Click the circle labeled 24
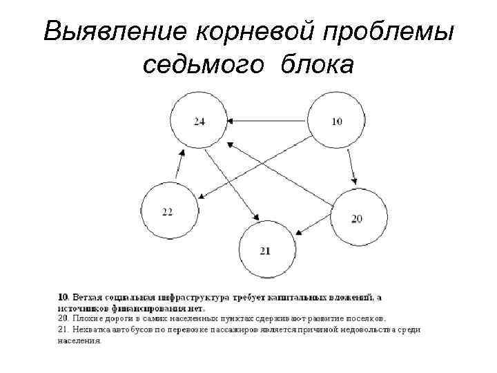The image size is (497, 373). pos(200,122)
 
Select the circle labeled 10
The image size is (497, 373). pos(335,122)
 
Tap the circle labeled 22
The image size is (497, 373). pos(168,211)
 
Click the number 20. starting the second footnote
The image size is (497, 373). pos(63,319)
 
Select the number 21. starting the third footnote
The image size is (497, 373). pos(63,329)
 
